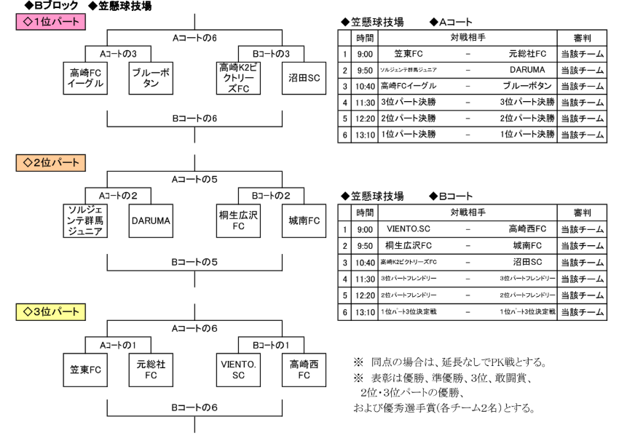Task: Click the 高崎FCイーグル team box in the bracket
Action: point(87,78)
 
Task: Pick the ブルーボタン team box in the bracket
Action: point(151,78)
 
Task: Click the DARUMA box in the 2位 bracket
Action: point(151,220)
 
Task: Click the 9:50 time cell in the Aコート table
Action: point(364,71)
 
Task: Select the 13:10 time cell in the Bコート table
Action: point(364,311)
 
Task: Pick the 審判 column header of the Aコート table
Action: point(582,37)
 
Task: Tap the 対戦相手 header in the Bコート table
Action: point(467,212)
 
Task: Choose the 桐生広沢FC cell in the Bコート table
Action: point(409,246)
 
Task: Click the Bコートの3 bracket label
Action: point(272,53)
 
